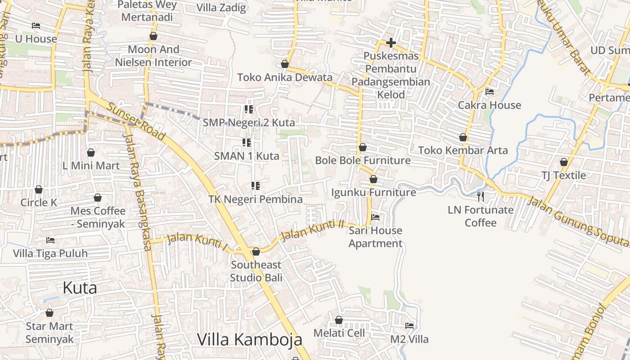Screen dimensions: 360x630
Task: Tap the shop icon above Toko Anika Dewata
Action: [284, 64]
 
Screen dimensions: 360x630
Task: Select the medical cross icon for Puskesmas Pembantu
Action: [391, 43]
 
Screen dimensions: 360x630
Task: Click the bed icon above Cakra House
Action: [490, 92]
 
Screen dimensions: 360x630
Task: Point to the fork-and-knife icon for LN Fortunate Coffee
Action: [481, 196]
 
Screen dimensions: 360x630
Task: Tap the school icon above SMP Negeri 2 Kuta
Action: [248, 109]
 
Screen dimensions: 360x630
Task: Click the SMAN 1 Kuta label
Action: [247, 156]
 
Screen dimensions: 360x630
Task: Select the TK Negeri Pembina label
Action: [256, 199]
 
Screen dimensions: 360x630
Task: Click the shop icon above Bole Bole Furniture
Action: [363, 147]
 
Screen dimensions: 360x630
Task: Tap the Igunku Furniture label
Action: [373, 193]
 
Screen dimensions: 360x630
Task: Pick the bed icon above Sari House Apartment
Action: [375, 217]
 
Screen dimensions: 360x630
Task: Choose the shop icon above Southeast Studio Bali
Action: [256, 252]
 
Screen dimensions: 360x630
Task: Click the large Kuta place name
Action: [80, 288]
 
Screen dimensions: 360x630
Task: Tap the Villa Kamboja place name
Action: [249, 339]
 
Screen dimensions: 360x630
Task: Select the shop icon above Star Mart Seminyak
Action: [49, 313]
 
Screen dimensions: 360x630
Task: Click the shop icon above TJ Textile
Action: [564, 162]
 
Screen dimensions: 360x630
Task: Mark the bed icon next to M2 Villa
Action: [409, 325]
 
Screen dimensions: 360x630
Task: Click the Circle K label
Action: [39, 202]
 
